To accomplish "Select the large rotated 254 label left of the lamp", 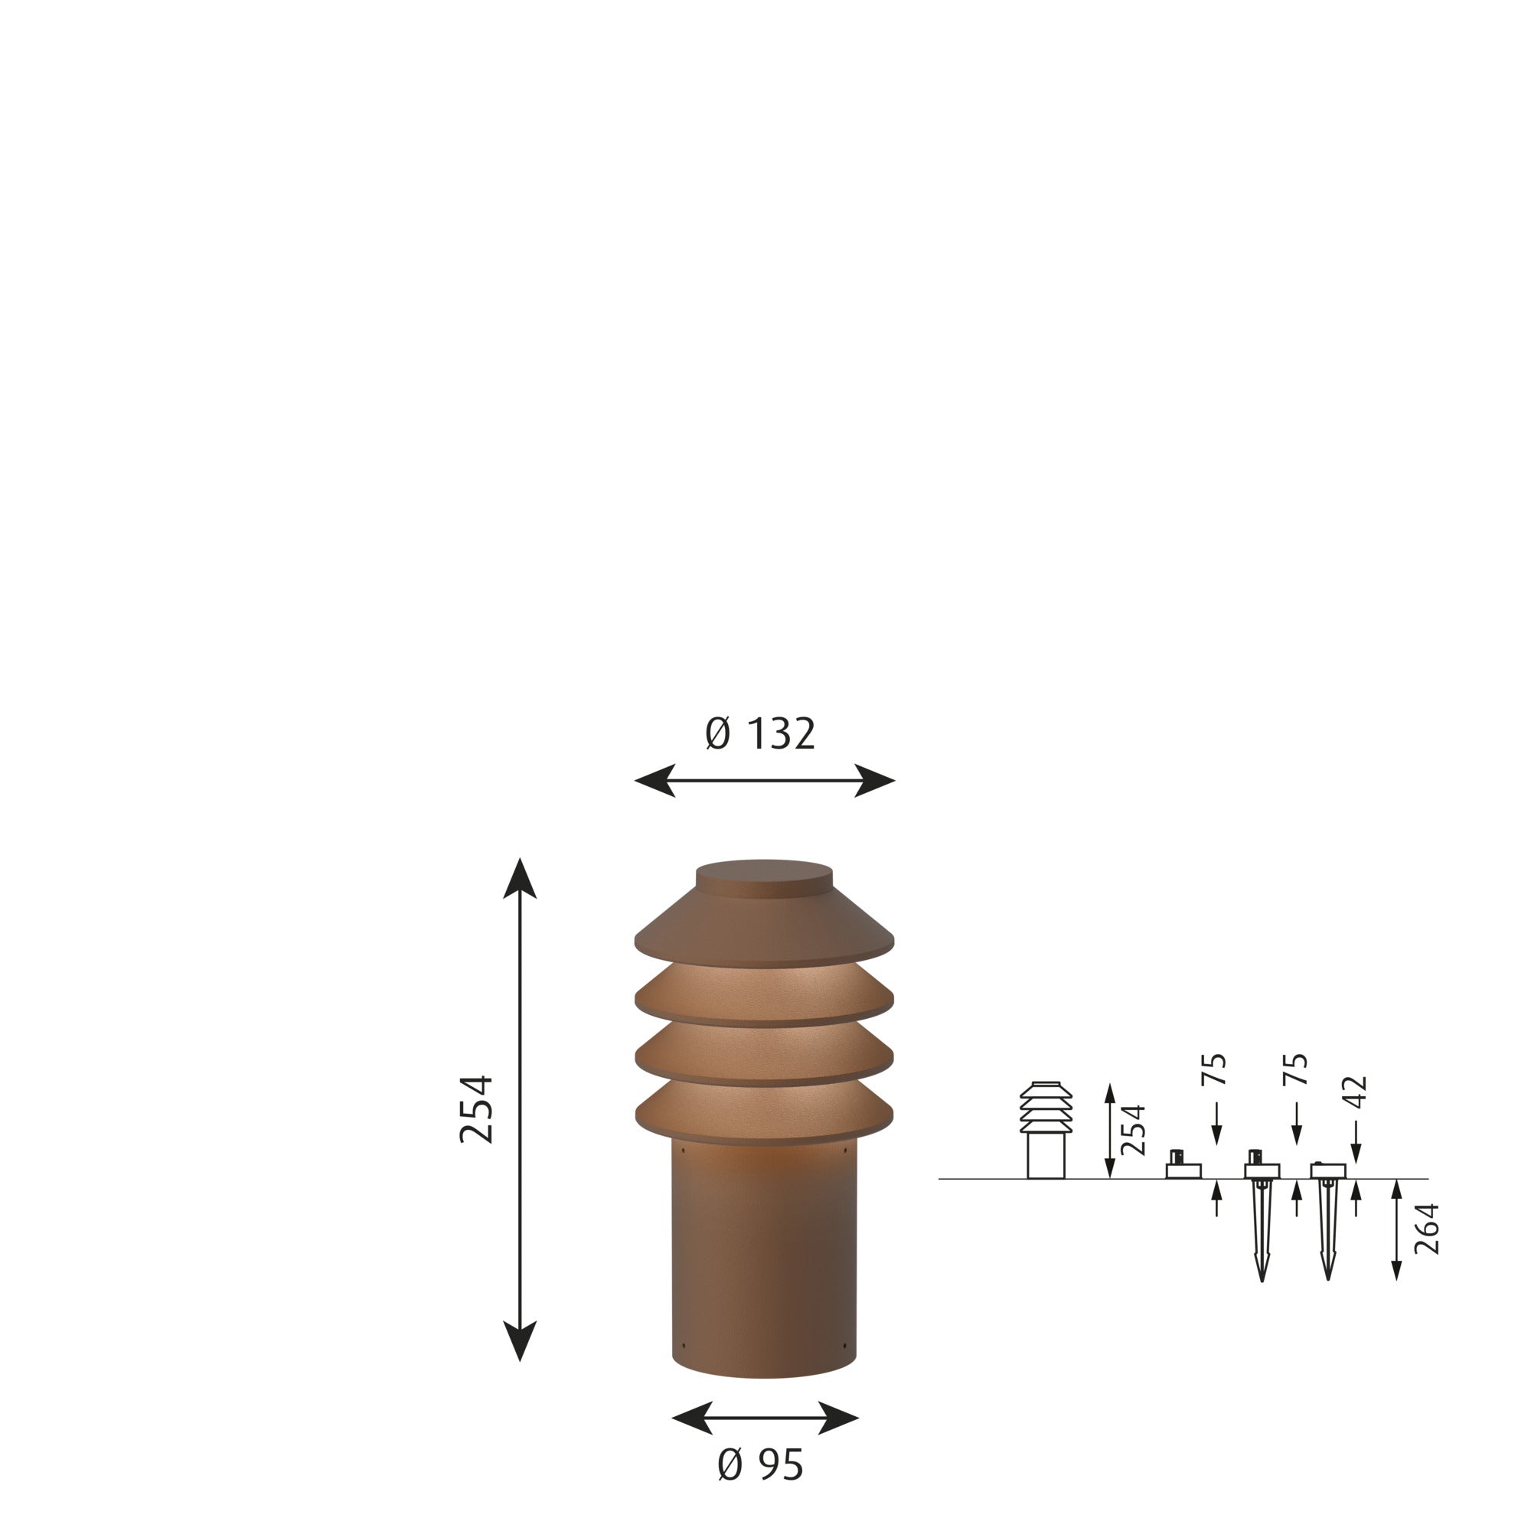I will tap(477, 1109).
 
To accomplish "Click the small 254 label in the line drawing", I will tap(1134, 1130).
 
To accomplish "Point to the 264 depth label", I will tap(1426, 1229).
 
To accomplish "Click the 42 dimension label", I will tap(1357, 1092).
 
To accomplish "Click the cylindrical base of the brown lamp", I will tap(764, 1260).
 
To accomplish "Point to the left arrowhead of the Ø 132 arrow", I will tap(655, 781).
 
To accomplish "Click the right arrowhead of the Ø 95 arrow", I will tap(838, 1418).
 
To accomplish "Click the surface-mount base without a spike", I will tap(1183, 1169).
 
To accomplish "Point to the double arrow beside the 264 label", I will tap(1396, 1229).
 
